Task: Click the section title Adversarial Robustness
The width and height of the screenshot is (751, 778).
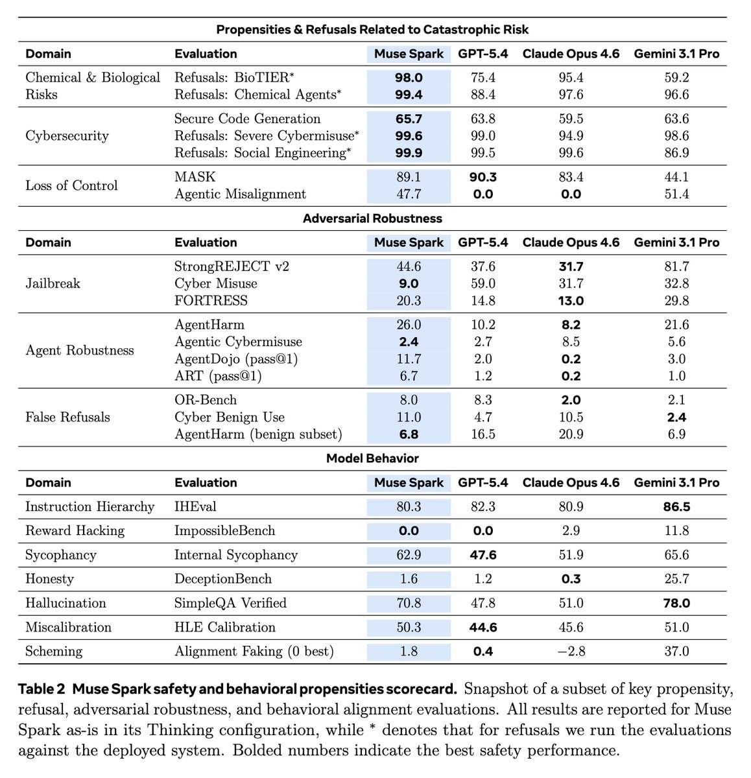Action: [372, 218]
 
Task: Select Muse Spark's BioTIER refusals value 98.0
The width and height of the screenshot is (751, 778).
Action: [409, 78]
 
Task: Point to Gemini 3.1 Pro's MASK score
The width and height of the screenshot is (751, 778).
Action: [676, 177]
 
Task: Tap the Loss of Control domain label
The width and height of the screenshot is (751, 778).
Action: [71, 185]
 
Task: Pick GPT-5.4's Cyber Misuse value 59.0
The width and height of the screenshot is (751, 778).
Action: [483, 283]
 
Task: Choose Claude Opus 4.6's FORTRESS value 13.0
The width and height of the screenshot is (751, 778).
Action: [571, 300]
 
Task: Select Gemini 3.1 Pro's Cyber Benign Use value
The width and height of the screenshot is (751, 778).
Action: [676, 417]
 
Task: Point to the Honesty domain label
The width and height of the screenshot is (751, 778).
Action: [49, 579]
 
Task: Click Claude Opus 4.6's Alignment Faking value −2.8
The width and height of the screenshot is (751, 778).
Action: [571, 651]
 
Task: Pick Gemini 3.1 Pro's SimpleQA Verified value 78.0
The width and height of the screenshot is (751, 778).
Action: [676, 603]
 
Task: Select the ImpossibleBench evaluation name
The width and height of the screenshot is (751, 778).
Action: [224, 530]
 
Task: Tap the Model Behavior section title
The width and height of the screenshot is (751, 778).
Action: [372, 458]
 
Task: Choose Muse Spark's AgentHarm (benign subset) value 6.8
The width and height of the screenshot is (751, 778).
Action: [409, 434]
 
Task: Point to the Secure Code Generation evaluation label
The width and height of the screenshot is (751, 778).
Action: [248, 119]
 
